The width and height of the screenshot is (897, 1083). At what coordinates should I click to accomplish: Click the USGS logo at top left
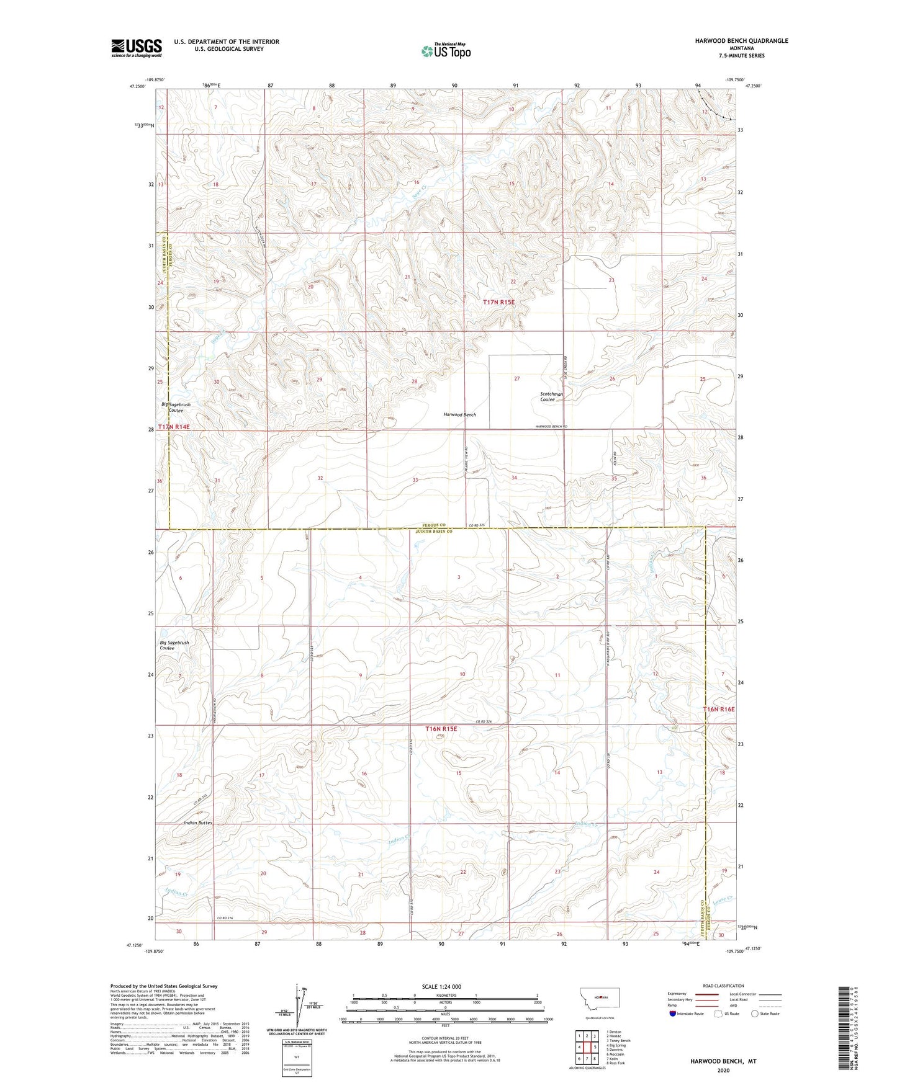137,48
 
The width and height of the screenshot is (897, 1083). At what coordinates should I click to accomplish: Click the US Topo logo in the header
446,51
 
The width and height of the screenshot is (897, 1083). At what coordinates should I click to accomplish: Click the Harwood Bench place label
459,414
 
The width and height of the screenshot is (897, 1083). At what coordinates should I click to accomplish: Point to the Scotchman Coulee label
551,397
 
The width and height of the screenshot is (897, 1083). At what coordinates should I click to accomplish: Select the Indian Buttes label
198,822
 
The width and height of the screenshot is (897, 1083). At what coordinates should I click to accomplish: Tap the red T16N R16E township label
718,709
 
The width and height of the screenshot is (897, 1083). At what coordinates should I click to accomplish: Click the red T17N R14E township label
173,427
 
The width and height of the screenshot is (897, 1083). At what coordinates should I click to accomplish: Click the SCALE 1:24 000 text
441,986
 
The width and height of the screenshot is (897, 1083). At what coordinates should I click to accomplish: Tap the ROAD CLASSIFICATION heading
723,986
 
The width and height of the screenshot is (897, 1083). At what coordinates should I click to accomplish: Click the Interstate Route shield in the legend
673,1014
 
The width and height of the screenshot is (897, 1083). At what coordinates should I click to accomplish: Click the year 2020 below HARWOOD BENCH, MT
723,1070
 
